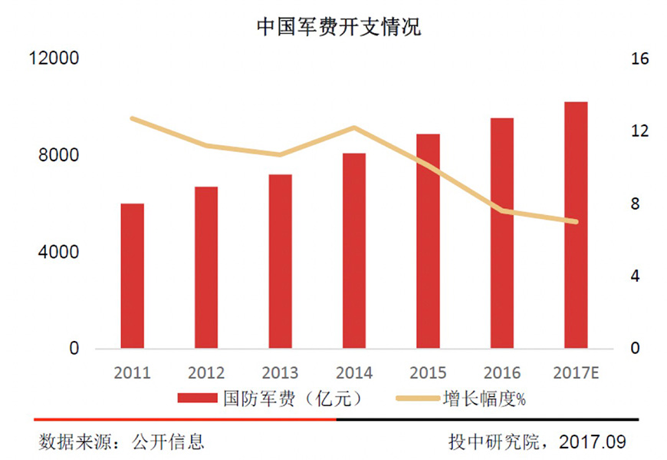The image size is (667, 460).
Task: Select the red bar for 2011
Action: coord(133,276)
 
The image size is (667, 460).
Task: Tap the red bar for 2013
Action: coord(281,261)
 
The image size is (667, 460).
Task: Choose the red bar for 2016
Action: coord(502,233)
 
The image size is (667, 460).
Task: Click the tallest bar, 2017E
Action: coord(576,225)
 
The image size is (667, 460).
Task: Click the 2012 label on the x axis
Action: coord(206,373)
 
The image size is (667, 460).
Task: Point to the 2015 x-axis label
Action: coord(428,373)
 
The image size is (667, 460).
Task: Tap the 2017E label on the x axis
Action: coord(576,373)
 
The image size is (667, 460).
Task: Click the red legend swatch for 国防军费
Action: coord(198,399)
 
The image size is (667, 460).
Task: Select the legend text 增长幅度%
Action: coord(485,399)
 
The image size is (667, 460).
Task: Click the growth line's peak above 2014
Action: coord(354,127)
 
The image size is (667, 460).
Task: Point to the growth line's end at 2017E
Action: coord(576,222)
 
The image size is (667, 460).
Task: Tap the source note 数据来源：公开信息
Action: coord(122,442)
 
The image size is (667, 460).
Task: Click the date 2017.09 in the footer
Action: coord(593,442)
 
